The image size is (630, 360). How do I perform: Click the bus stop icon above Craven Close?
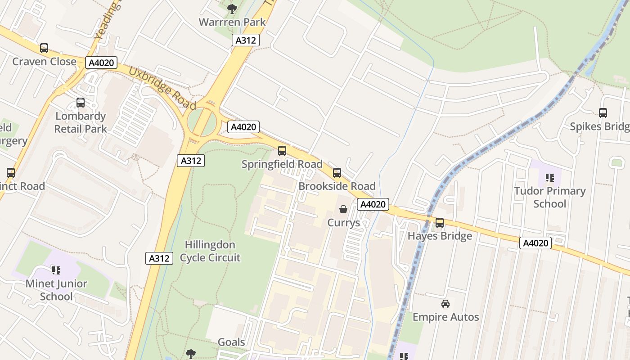click(x=44, y=48)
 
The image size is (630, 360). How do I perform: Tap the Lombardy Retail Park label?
click(x=81, y=122)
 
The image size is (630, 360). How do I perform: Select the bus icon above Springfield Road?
click(x=282, y=151)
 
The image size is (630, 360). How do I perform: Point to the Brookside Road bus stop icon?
click(x=337, y=173)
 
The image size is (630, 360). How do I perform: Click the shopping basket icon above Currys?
click(x=343, y=209)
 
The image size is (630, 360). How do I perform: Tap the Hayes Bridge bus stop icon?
click(x=440, y=223)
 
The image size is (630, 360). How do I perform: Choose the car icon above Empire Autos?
click(x=445, y=304)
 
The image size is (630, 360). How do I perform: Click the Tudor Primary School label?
click(x=549, y=197)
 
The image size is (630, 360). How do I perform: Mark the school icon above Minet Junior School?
click(x=56, y=270)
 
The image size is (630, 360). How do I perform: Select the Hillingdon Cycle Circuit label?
click(x=210, y=251)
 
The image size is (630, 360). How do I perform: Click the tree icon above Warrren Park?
click(x=232, y=9)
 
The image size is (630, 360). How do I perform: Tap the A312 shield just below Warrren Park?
click(x=246, y=40)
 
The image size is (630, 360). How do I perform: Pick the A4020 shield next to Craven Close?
click(x=102, y=63)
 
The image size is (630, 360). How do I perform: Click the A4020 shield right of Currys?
click(x=373, y=204)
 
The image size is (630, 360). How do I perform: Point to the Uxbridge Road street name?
click(x=162, y=88)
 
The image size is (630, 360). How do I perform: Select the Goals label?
click(x=231, y=342)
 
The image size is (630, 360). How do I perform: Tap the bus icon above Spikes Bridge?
click(x=603, y=113)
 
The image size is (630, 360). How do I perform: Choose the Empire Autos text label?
click(x=445, y=317)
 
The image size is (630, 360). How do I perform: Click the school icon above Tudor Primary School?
click(x=549, y=178)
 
